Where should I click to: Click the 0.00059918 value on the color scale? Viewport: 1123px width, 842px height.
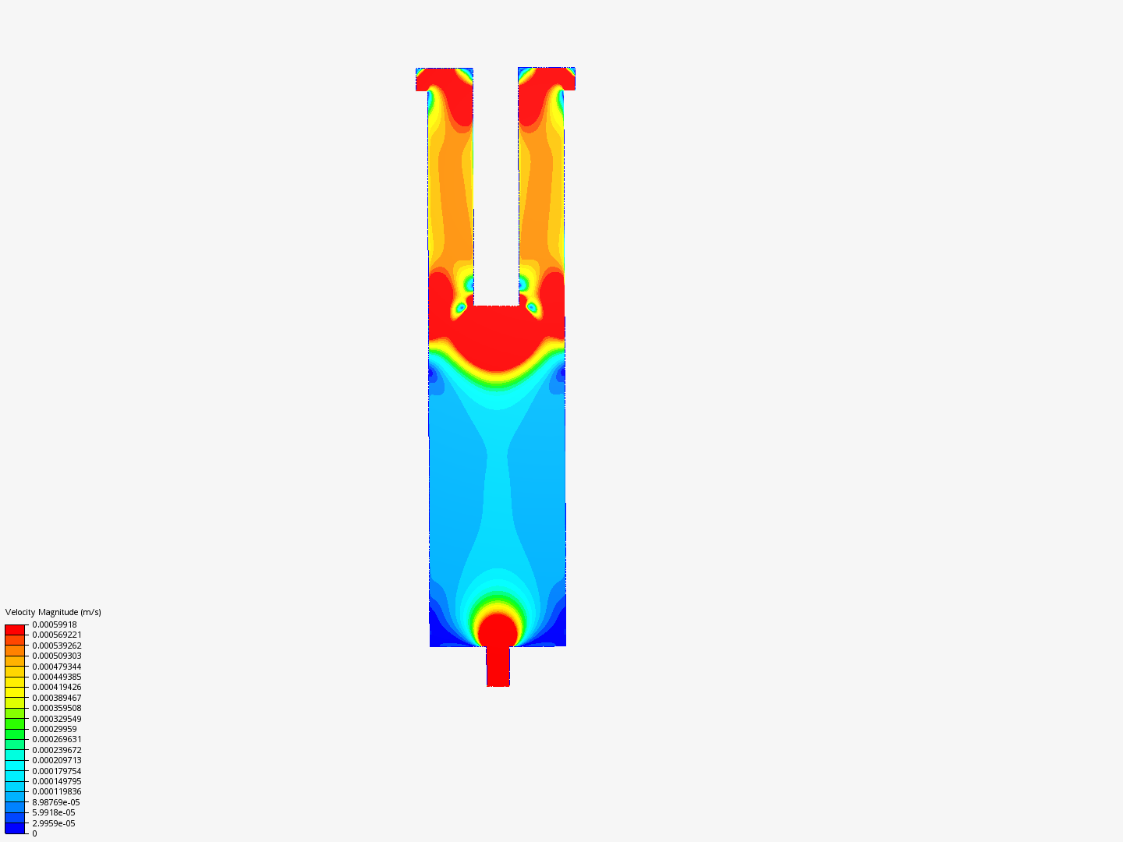[55, 624]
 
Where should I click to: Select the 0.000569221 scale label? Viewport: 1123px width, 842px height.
[57, 635]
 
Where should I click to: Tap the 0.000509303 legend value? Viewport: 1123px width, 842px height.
[57, 656]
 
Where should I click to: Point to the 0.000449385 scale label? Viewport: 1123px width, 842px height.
[57, 677]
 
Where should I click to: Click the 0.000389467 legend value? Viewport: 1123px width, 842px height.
[57, 698]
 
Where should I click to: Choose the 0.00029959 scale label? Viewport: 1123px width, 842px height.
[55, 729]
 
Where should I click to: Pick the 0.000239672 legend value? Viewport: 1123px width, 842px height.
[57, 750]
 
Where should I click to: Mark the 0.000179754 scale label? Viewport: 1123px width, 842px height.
[57, 771]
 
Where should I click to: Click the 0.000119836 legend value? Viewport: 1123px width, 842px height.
[57, 791]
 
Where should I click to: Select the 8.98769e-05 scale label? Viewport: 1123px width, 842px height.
[56, 802]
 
